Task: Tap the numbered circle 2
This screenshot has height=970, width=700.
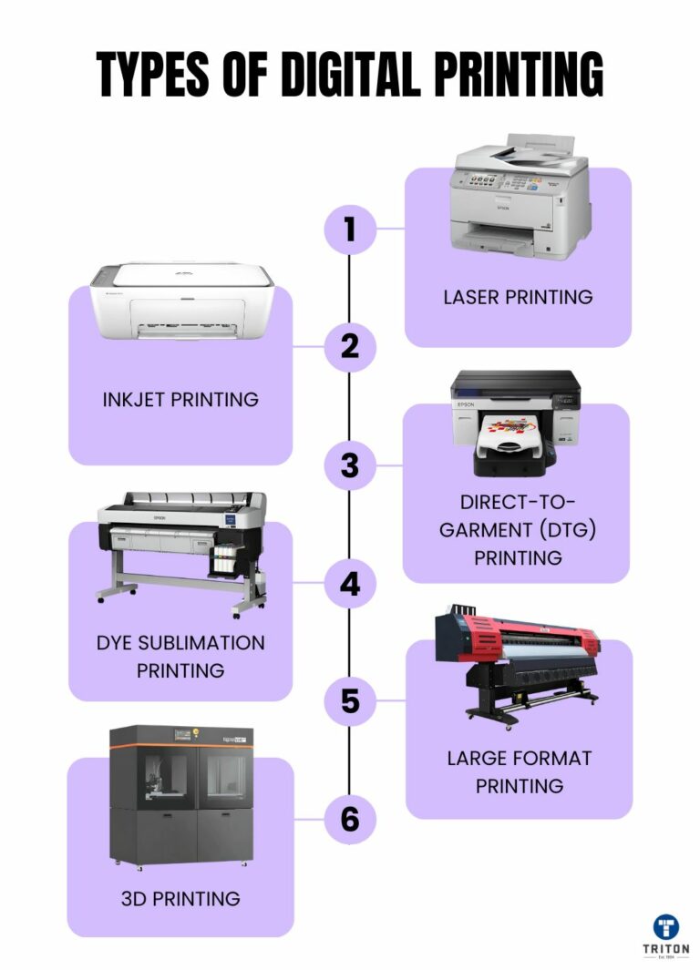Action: (x=350, y=347)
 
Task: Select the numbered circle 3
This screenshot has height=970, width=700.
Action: (x=350, y=465)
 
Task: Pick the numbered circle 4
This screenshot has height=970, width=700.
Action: (x=350, y=584)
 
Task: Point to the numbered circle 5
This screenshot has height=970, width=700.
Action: (x=350, y=701)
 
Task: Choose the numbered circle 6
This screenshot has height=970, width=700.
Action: (x=350, y=820)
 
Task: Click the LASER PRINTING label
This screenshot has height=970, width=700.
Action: (x=518, y=297)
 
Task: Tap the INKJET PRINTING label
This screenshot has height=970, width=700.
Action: (x=180, y=399)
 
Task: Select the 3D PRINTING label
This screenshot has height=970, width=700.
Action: (x=180, y=899)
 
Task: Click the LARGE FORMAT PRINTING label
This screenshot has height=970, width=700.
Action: (x=519, y=771)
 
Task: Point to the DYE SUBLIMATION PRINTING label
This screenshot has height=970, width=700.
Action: (x=180, y=656)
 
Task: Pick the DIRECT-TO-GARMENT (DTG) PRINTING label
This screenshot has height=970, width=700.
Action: (x=517, y=530)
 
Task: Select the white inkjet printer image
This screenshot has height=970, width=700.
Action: (x=181, y=301)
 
